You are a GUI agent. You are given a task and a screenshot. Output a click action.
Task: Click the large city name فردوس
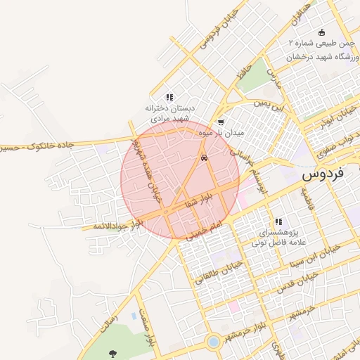click(x=330, y=174)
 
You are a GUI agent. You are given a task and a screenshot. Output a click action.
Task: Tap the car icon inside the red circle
click(x=204, y=158)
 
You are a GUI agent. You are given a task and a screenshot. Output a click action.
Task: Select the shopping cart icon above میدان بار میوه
click(x=221, y=122)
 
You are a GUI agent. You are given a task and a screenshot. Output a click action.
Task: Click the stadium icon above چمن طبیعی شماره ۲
click(x=322, y=32)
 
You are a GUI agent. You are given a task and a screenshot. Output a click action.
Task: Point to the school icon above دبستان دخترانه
click(x=169, y=97)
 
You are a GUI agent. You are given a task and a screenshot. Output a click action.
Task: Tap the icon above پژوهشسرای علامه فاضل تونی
click(x=279, y=221)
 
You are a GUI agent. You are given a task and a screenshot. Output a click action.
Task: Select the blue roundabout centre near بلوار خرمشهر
click(x=212, y=342)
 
